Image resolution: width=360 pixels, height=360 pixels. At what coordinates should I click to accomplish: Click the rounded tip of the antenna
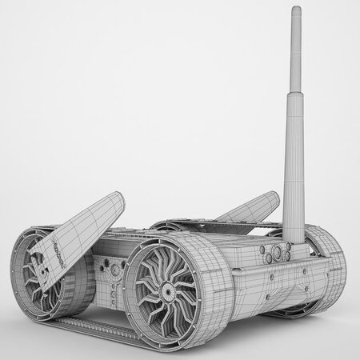(x=295, y=9)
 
